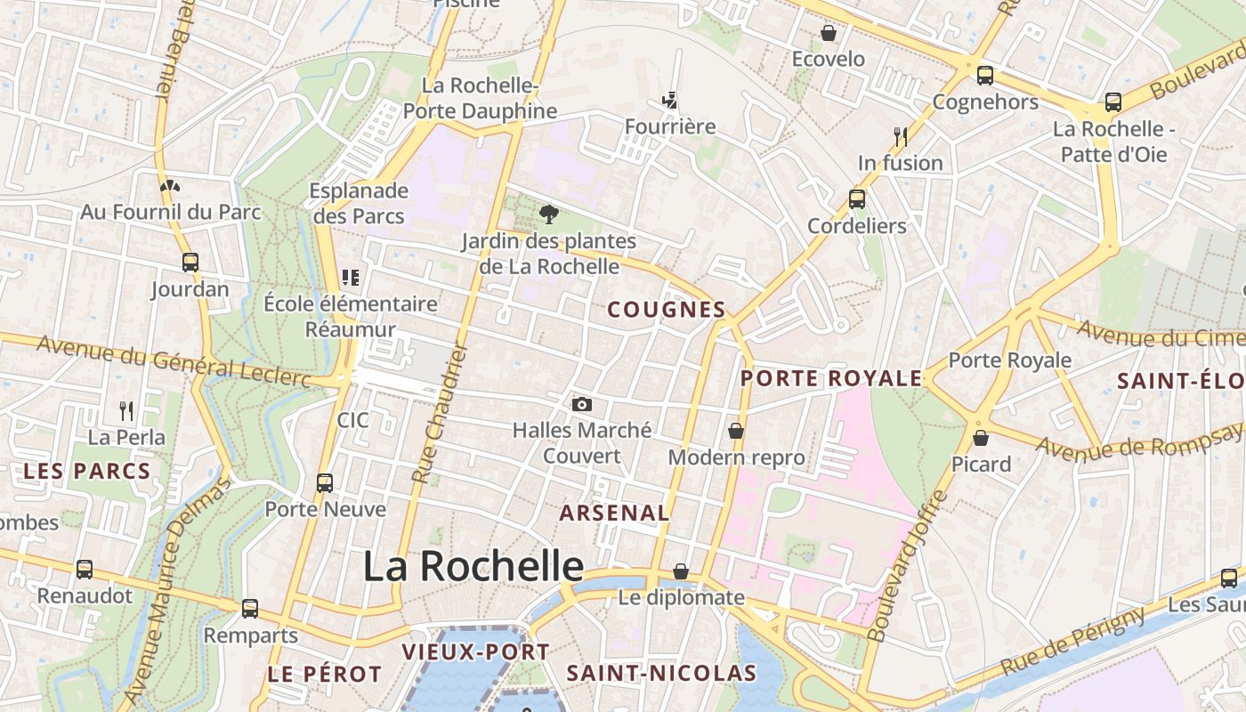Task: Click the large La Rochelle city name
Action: [473, 566]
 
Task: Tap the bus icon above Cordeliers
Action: [857, 199]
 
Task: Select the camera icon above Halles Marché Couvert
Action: [582, 405]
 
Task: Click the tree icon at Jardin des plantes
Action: [549, 214]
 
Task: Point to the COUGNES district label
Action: [667, 310]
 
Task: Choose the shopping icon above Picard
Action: [981, 438]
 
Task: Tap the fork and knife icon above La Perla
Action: [126, 410]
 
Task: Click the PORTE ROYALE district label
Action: [831, 378]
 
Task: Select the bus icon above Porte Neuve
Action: [325, 483]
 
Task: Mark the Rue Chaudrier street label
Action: [440, 414]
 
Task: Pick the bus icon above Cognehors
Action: [984, 76]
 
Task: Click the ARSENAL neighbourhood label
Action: [614, 513]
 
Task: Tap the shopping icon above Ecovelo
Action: [829, 33]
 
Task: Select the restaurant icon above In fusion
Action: [901, 136]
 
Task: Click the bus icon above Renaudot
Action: [85, 570]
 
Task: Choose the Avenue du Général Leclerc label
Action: [174, 362]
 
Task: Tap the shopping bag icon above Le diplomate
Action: [681, 571]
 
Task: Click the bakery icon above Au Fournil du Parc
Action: [169, 186]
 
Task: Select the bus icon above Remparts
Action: [250, 609]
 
